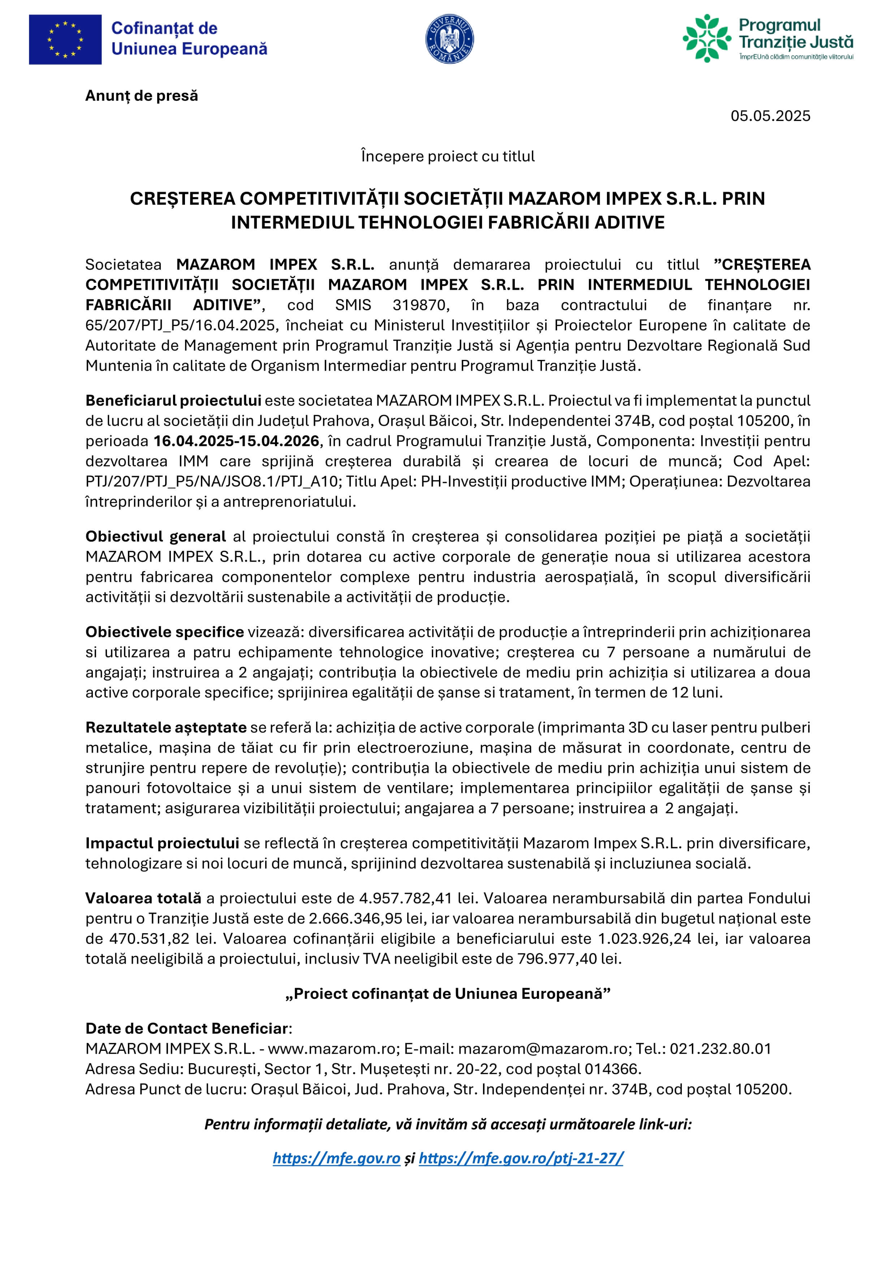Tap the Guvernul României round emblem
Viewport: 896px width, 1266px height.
tap(450, 39)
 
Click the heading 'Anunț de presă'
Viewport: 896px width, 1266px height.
tap(141, 96)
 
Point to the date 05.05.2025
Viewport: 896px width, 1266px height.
tap(770, 116)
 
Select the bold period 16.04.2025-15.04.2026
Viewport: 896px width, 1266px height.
tap(236, 441)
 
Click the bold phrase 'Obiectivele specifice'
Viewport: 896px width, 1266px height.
tap(164, 632)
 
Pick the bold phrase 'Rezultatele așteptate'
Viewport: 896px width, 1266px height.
tap(165, 728)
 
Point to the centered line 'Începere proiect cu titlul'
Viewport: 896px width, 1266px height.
tap(448, 157)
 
